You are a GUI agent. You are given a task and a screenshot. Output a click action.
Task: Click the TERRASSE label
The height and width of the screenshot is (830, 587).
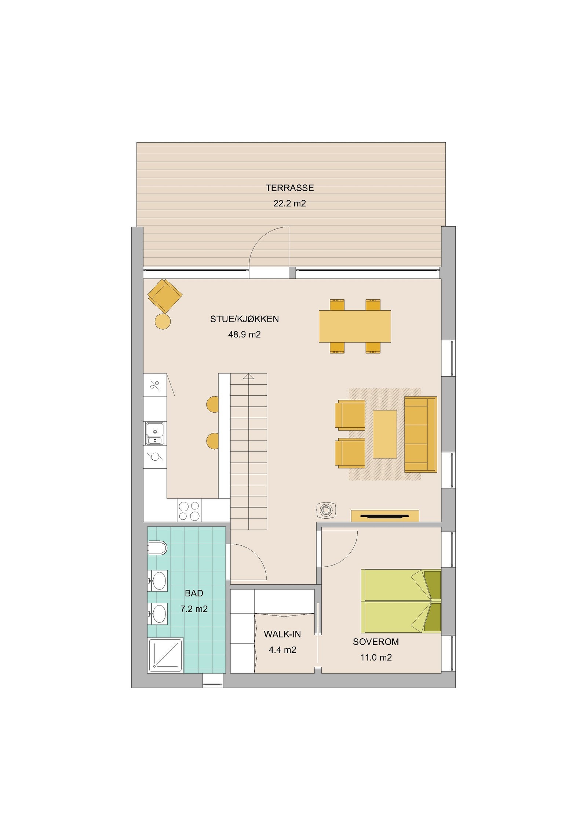tap(289, 188)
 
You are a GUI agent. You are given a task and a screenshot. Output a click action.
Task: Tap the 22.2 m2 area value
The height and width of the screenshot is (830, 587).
tap(289, 204)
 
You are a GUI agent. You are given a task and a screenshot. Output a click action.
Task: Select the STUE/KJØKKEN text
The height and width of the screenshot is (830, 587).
tap(244, 319)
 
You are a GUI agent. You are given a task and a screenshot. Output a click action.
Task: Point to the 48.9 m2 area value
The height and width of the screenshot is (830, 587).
tap(244, 334)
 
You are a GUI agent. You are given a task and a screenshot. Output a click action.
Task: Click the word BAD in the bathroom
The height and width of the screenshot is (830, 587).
tap(194, 593)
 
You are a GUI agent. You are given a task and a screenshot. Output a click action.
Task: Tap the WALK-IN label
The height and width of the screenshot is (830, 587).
tap(282, 634)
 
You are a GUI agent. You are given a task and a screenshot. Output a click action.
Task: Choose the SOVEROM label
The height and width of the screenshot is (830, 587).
tap(376, 642)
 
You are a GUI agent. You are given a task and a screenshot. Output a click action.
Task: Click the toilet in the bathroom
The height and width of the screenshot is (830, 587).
tap(158, 548)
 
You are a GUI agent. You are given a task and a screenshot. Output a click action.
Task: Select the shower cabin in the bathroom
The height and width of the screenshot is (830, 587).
tap(165, 655)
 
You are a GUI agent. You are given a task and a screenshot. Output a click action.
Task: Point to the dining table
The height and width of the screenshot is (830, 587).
tap(354, 326)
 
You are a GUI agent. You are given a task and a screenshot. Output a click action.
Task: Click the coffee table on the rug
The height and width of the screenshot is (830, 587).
tap(384, 434)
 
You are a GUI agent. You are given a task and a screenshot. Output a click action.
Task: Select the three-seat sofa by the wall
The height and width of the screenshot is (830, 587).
tap(420, 434)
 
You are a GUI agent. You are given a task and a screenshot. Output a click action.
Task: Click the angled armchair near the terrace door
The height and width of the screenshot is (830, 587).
tap(165, 295)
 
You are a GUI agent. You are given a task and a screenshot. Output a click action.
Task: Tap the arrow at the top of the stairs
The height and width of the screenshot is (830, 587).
tap(248, 376)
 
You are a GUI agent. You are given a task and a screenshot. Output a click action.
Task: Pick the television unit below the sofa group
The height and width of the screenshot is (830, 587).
tap(384, 516)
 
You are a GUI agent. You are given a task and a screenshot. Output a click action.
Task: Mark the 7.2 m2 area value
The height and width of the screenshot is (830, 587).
tap(194, 609)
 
